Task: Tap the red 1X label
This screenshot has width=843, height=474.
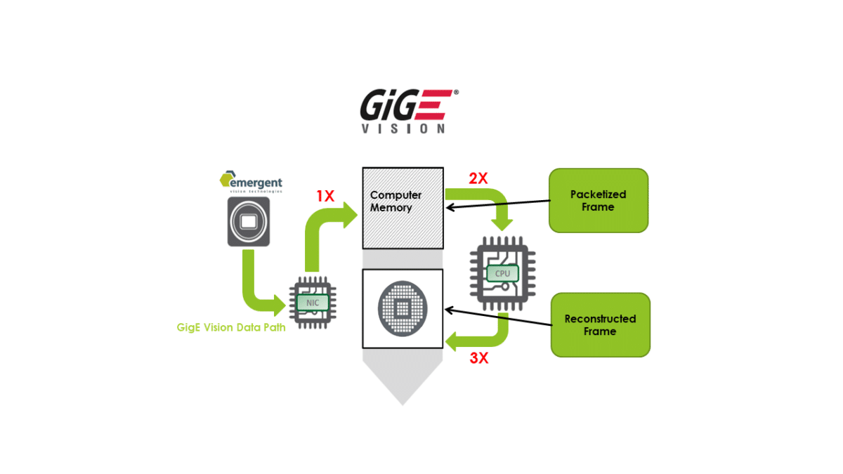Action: (x=325, y=197)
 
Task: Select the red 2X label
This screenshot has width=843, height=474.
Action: (x=478, y=178)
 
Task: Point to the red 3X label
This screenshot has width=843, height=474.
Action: (x=478, y=358)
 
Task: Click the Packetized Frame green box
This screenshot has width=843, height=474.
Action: (x=598, y=200)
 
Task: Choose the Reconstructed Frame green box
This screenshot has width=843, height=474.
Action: (x=600, y=324)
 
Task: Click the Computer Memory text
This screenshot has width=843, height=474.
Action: (x=396, y=201)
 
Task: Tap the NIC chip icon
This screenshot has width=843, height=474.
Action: (x=312, y=303)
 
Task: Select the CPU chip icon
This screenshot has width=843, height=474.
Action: (x=502, y=272)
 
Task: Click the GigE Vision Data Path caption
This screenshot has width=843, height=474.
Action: (x=231, y=327)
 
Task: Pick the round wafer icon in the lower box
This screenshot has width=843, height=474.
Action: (x=403, y=308)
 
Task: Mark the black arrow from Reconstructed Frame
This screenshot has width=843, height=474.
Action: (x=499, y=316)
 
